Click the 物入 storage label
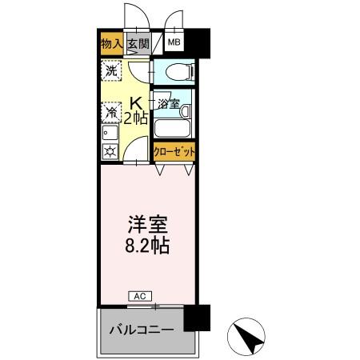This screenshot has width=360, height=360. click(110, 45)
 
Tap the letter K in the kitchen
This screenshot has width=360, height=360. click(136, 102)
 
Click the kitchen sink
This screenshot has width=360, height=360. click(108, 133)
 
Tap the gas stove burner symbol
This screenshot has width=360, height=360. click(109, 150)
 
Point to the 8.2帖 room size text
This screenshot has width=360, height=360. click(146, 245)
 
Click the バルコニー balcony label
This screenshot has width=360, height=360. click(139, 329)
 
